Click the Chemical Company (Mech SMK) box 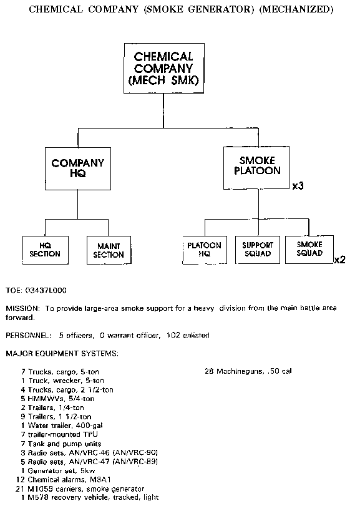coord(164,69)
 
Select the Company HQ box coord(78,168)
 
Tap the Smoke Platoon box coord(256,167)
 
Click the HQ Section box coord(46,250)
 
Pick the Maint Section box coord(109,250)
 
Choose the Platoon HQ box coord(205,250)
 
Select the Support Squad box coord(258,250)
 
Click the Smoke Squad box coord(309,250)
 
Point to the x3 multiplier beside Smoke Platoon coord(298,186)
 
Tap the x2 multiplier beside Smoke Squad coord(339,260)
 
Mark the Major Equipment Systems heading coord(62,354)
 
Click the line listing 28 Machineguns coord(248,371)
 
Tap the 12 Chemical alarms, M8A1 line coord(64,480)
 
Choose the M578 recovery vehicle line coord(90,498)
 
